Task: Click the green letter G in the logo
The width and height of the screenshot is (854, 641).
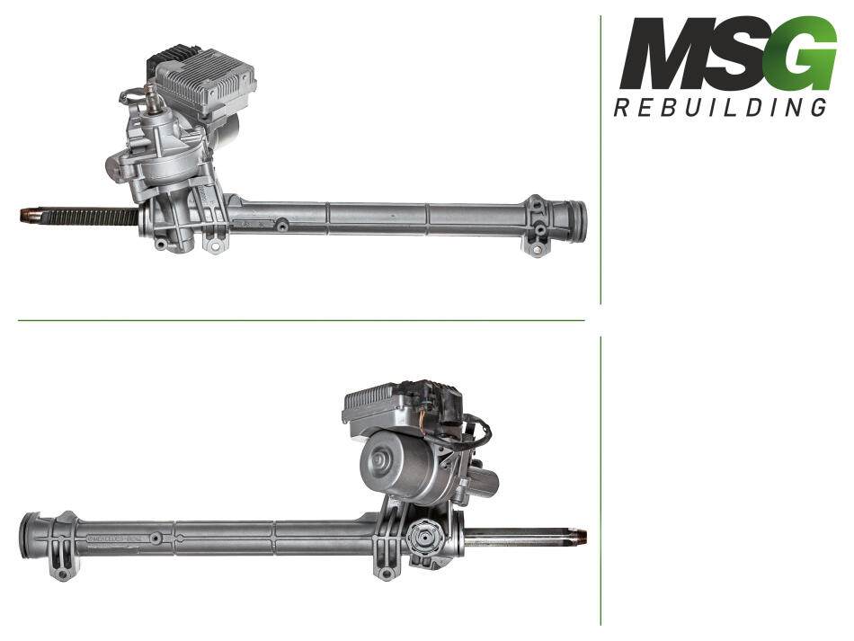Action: (x=804, y=53)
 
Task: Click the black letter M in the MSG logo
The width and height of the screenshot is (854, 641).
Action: (x=664, y=53)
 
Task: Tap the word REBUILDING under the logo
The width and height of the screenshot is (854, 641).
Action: (x=720, y=107)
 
